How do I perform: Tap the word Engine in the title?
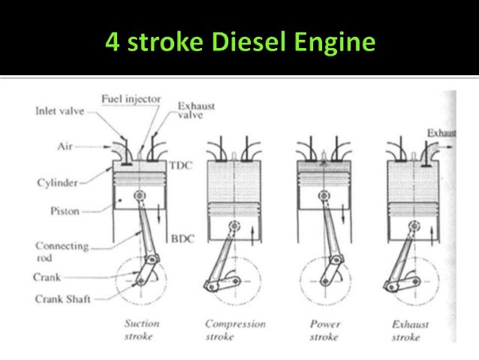click(x=335, y=41)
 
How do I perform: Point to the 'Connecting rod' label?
click(x=61, y=250)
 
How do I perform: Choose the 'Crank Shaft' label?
click(x=62, y=298)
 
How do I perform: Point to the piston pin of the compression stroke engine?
click(x=235, y=225)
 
